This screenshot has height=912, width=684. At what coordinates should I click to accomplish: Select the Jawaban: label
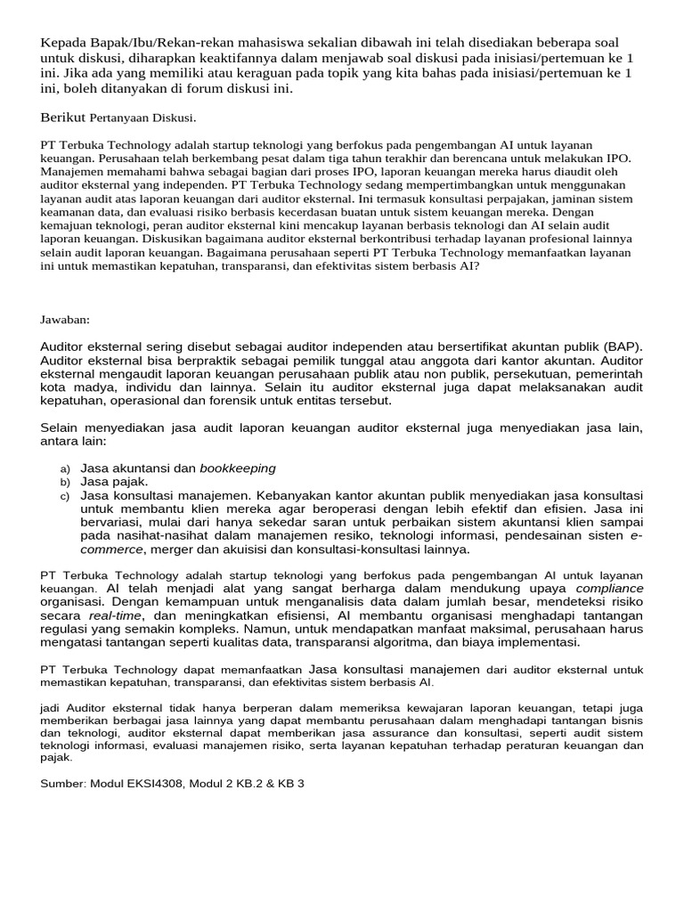point(65,320)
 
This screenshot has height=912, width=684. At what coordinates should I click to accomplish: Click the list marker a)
point(65,468)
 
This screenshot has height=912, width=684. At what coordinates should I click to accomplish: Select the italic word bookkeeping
point(238,468)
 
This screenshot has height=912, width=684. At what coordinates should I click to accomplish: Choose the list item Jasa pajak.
point(114,482)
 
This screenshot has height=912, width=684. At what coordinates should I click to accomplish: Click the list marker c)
point(65,496)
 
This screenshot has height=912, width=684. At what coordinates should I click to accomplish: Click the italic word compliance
point(609,589)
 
